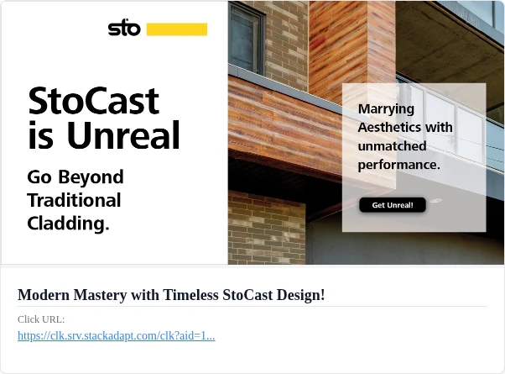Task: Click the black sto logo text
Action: pos(124,29)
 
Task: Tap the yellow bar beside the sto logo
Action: pos(177,29)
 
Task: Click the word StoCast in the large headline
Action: pos(94,101)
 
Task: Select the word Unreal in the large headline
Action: pos(123,134)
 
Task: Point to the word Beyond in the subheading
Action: pos(91,177)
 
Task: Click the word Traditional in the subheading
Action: pos(74,200)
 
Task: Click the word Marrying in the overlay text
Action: pos(386,109)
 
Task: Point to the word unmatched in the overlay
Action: pos(392,146)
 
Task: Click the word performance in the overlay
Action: pos(398,166)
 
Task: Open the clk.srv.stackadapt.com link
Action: pos(117,335)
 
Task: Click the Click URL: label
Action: pos(41,319)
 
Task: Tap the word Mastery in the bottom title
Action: pos(100,295)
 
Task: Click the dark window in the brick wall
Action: pos(247,38)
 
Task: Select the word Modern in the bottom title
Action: pos(44,295)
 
